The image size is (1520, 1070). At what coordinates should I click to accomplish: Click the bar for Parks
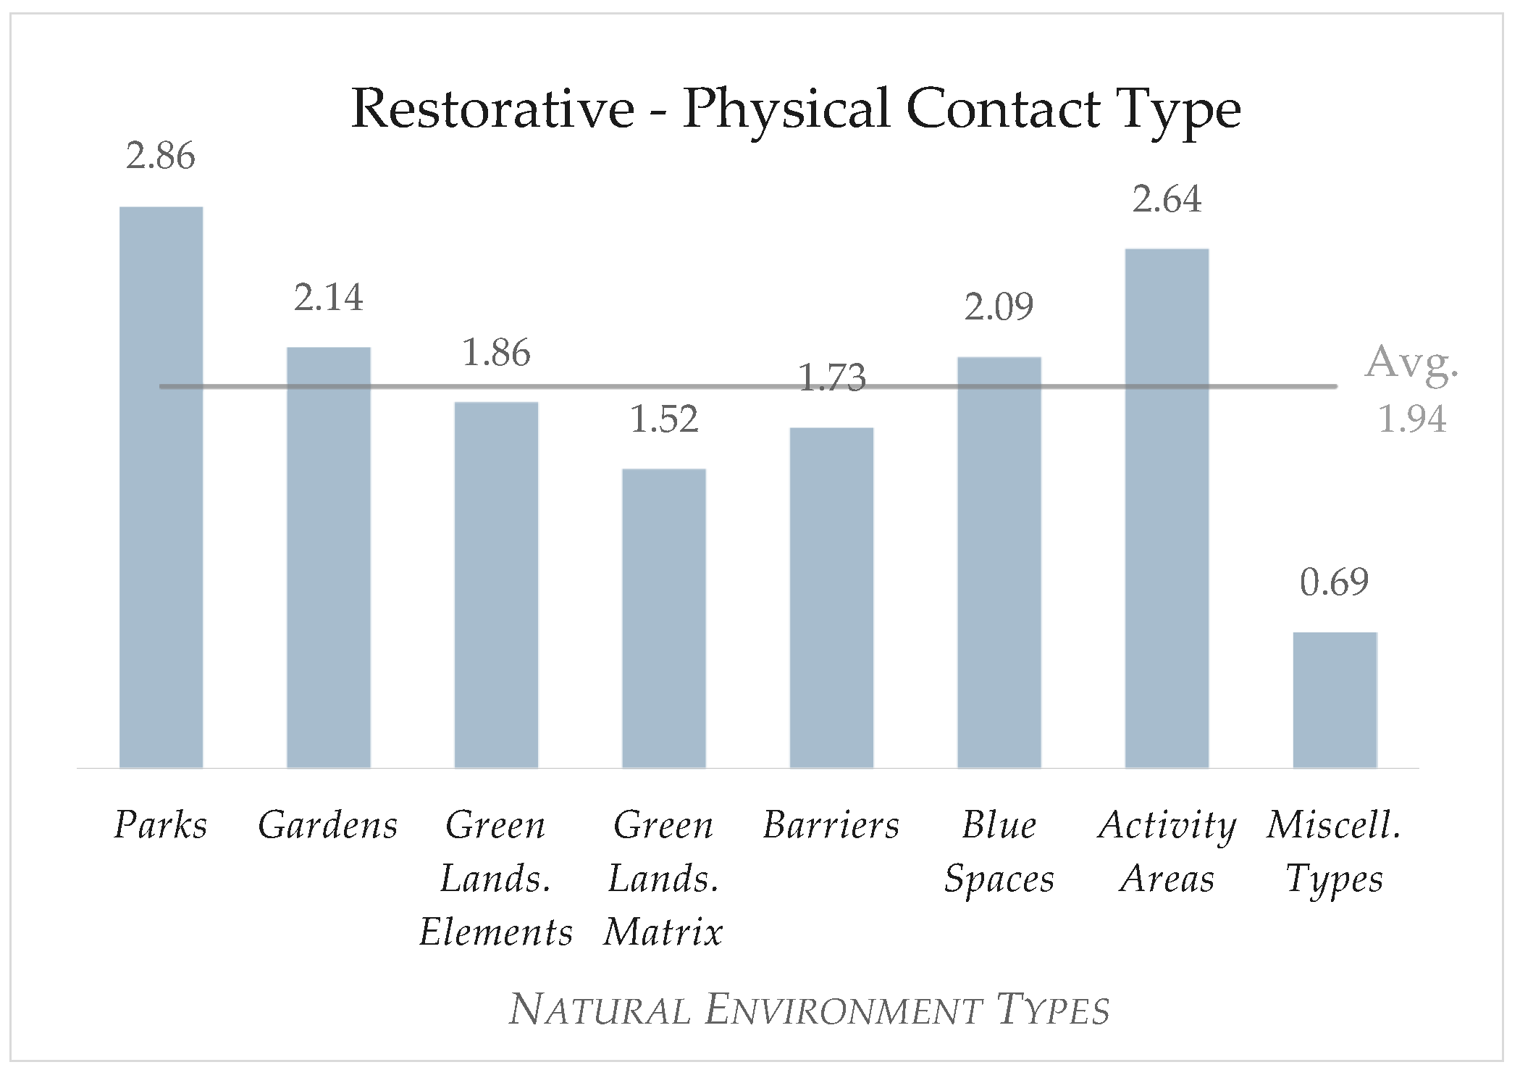point(161,487)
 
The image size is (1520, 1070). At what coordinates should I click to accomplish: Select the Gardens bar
point(329,557)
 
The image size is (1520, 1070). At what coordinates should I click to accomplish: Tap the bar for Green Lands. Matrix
point(664,618)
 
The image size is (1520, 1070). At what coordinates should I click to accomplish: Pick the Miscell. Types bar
point(1335,700)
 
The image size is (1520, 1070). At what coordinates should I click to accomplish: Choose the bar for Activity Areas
point(1167,508)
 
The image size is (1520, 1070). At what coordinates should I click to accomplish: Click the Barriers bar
point(831,598)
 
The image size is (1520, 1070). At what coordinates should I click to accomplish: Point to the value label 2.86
point(161,156)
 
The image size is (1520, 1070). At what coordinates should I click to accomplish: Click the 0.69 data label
point(1335,582)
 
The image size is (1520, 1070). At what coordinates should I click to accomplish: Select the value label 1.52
point(664,419)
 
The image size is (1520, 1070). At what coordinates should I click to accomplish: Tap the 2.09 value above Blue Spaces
point(999,306)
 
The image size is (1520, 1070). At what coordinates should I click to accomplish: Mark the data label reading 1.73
point(831,377)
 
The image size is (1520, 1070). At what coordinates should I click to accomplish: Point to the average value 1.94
point(1411,419)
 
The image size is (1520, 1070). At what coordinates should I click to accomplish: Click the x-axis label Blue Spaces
point(999,852)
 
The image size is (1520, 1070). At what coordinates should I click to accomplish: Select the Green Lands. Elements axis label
point(496,878)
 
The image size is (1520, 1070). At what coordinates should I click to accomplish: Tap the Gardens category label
point(328,825)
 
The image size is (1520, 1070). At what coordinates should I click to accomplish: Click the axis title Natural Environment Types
point(809,1010)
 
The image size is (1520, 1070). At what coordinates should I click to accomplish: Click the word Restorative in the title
point(493,109)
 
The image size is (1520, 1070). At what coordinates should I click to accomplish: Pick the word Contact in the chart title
point(1004,109)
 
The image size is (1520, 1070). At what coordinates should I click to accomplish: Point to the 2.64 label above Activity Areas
point(1167,199)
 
